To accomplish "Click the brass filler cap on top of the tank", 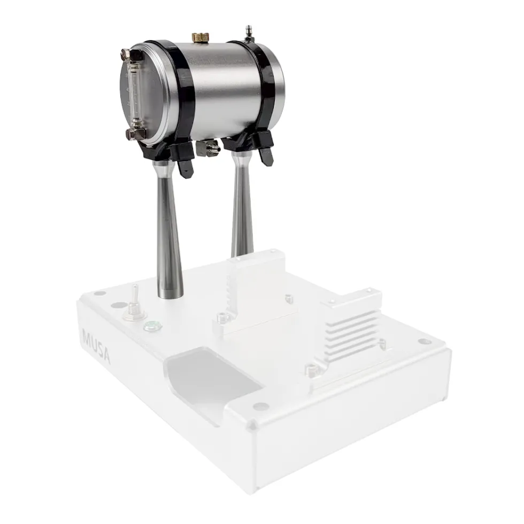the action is (200, 37).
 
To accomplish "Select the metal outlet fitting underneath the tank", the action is (208, 148).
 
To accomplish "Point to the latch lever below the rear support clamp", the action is (266, 156).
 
